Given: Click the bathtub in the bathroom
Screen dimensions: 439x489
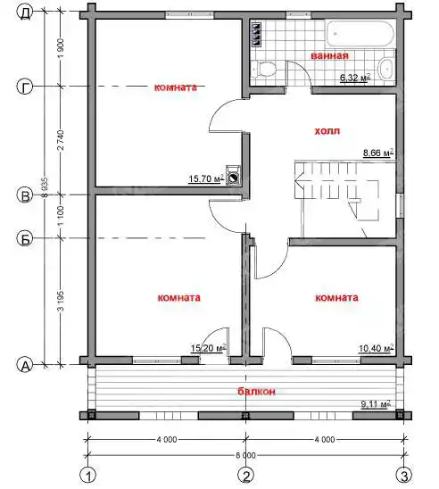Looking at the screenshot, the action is click(360, 34).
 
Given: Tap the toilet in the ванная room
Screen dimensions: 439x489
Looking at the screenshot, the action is click(263, 69).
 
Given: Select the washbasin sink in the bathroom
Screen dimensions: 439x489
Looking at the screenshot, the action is click(386, 69).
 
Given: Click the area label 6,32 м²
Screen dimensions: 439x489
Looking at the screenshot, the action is click(355, 78).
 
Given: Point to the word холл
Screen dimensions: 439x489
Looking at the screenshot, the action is click(327, 131).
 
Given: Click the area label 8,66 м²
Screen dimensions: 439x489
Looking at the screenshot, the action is click(378, 153).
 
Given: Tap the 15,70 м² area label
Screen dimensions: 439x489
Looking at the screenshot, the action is click(206, 179).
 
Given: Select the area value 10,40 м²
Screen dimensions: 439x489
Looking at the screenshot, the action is click(376, 348).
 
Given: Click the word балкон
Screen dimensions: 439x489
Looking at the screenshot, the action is click(257, 391).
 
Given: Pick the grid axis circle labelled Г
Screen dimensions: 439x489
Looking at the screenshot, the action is click(24, 87).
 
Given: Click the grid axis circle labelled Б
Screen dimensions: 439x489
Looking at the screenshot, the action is click(25, 239).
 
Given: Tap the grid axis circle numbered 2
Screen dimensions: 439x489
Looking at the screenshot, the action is click(245, 476).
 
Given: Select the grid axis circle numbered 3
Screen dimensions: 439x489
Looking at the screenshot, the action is click(404, 476).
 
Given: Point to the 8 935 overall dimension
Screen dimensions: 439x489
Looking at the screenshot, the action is click(46, 187).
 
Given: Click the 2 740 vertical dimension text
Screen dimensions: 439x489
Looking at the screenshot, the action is click(61, 140).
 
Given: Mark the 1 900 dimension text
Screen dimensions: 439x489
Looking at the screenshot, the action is click(61, 47).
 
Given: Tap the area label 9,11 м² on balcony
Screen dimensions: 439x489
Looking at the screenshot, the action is click(376, 404).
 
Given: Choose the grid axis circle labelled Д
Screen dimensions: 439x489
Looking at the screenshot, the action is click(25, 13).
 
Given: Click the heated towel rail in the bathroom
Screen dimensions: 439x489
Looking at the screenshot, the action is click(256, 34).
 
